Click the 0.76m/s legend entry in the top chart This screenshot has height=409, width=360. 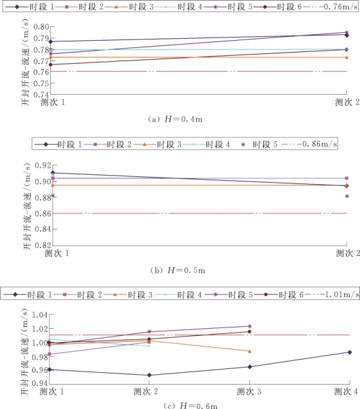click(330, 7)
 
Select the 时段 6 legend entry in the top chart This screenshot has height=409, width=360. click(278, 7)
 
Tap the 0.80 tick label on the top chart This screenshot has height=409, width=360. click(41, 26)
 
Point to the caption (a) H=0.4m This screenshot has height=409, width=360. click(175, 120)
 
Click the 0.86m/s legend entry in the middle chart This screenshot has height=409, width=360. click(309, 144)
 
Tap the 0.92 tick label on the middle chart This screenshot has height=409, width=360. click(43, 165)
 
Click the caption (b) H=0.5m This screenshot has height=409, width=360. click(178, 270)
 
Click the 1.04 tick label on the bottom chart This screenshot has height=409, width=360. click(40, 315)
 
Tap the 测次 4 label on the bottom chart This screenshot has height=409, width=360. click(346, 391)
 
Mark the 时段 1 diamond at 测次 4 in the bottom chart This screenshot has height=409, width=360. click(349, 352)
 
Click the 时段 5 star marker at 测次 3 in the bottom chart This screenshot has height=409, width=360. click(249, 326)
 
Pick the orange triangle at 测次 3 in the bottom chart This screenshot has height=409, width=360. click(249, 351)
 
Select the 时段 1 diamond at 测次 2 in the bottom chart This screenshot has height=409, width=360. click(149, 375)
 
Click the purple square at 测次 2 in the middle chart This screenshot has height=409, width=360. click(347, 178)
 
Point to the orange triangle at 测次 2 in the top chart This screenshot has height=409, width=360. click(347, 57)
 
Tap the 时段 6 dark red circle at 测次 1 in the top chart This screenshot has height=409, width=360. click(51, 64)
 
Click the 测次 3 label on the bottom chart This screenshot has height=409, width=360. click(249, 391)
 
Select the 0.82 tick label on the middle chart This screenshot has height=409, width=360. click(43, 245)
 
